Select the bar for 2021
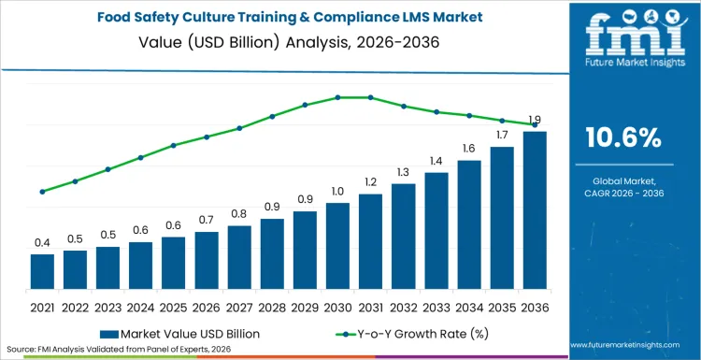click(x=42, y=271)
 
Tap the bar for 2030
click(x=337, y=245)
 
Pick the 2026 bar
click(x=207, y=260)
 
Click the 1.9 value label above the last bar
click(x=535, y=120)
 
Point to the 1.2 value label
click(x=370, y=182)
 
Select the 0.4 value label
click(x=42, y=242)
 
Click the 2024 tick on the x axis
click(x=140, y=307)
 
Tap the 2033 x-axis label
click(x=436, y=307)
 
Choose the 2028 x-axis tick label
click(x=272, y=307)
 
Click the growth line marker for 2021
click(x=42, y=192)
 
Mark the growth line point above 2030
click(x=337, y=97)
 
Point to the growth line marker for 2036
click(x=535, y=124)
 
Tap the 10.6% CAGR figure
click(x=622, y=138)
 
